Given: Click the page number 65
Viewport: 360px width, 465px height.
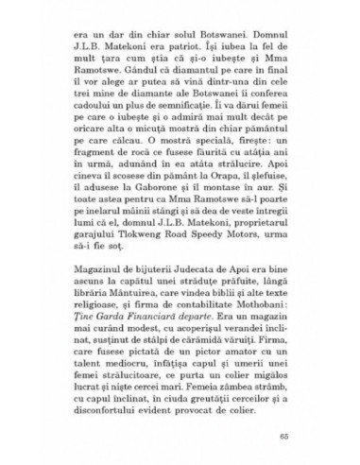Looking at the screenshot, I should coord(299,438).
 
